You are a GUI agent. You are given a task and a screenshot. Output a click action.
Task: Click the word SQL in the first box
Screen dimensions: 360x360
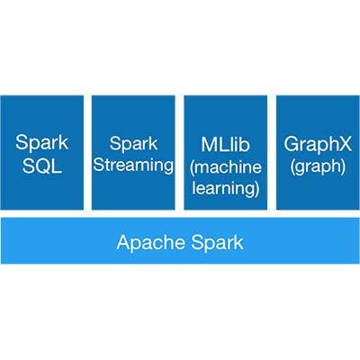[x=42, y=166]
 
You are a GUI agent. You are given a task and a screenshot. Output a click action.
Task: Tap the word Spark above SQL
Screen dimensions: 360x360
[x=41, y=143]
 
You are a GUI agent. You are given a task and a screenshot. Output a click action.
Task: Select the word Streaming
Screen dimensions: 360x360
[x=133, y=166]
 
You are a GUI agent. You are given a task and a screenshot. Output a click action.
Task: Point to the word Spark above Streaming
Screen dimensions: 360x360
[x=133, y=144]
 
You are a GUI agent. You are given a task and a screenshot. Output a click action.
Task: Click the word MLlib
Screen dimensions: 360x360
[x=225, y=144]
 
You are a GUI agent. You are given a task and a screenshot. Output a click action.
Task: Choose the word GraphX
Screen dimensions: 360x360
[x=318, y=145]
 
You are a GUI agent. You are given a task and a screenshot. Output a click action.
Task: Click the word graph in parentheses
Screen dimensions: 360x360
[x=318, y=166]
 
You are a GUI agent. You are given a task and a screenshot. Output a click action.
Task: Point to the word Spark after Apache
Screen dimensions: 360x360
[x=217, y=242]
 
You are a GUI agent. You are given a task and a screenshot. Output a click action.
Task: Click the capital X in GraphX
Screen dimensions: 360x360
[x=345, y=143]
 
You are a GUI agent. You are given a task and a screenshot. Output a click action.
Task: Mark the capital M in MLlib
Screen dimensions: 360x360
[x=210, y=144]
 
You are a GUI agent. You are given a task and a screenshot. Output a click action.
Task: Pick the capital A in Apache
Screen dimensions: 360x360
[x=124, y=242]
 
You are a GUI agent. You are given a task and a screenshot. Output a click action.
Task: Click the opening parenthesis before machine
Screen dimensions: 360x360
[x=193, y=167]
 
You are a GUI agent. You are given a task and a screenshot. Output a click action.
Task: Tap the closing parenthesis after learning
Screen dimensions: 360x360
[x=256, y=189]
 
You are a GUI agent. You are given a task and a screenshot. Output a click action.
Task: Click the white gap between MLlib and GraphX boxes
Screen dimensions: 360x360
[x=272, y=152]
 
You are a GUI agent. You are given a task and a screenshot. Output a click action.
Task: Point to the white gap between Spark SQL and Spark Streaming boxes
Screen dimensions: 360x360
[x=87, y=152]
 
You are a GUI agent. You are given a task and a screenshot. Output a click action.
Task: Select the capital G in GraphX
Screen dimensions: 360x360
[x=292, y=144]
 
